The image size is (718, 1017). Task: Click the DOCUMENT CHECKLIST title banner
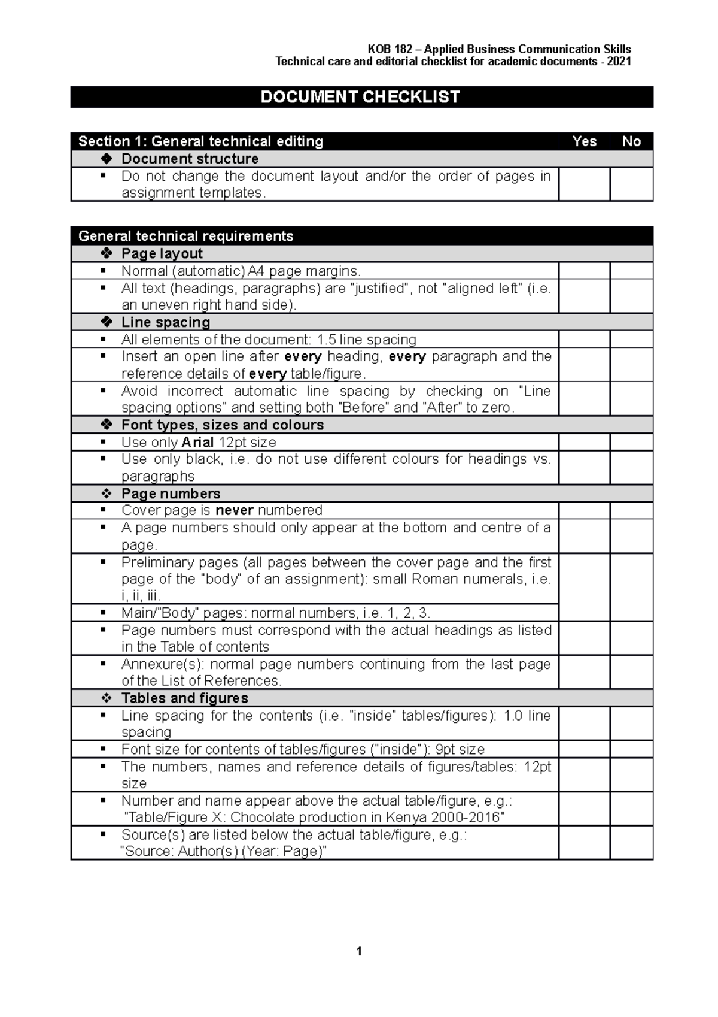click(361, 97)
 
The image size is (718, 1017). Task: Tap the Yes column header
click(584, 141)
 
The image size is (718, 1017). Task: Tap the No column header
click(631, 141)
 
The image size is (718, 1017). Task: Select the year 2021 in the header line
click(619, 62)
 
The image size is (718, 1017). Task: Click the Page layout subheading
click(162, 253)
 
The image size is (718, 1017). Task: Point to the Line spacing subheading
click(166, 322)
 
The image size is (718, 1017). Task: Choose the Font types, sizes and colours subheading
click(222, 425)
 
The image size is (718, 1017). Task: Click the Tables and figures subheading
click(184, 698)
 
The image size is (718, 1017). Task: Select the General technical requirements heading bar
click(185, 236)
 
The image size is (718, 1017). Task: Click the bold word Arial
click(197, 443)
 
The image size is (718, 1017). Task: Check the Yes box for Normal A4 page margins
click(584, 271)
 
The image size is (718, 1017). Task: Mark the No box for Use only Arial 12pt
click(631, 442)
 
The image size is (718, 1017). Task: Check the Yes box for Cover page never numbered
click(584, 510)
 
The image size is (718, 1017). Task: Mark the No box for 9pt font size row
click(631, 749)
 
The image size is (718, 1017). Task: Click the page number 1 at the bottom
click(359, 951)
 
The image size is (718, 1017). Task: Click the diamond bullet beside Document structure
click(107, 159)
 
